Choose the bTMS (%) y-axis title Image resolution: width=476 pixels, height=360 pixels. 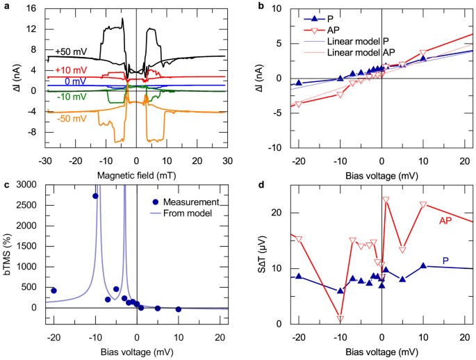[x=8, y=246]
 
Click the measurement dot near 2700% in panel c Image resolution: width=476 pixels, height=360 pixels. [x=95, y=196]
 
